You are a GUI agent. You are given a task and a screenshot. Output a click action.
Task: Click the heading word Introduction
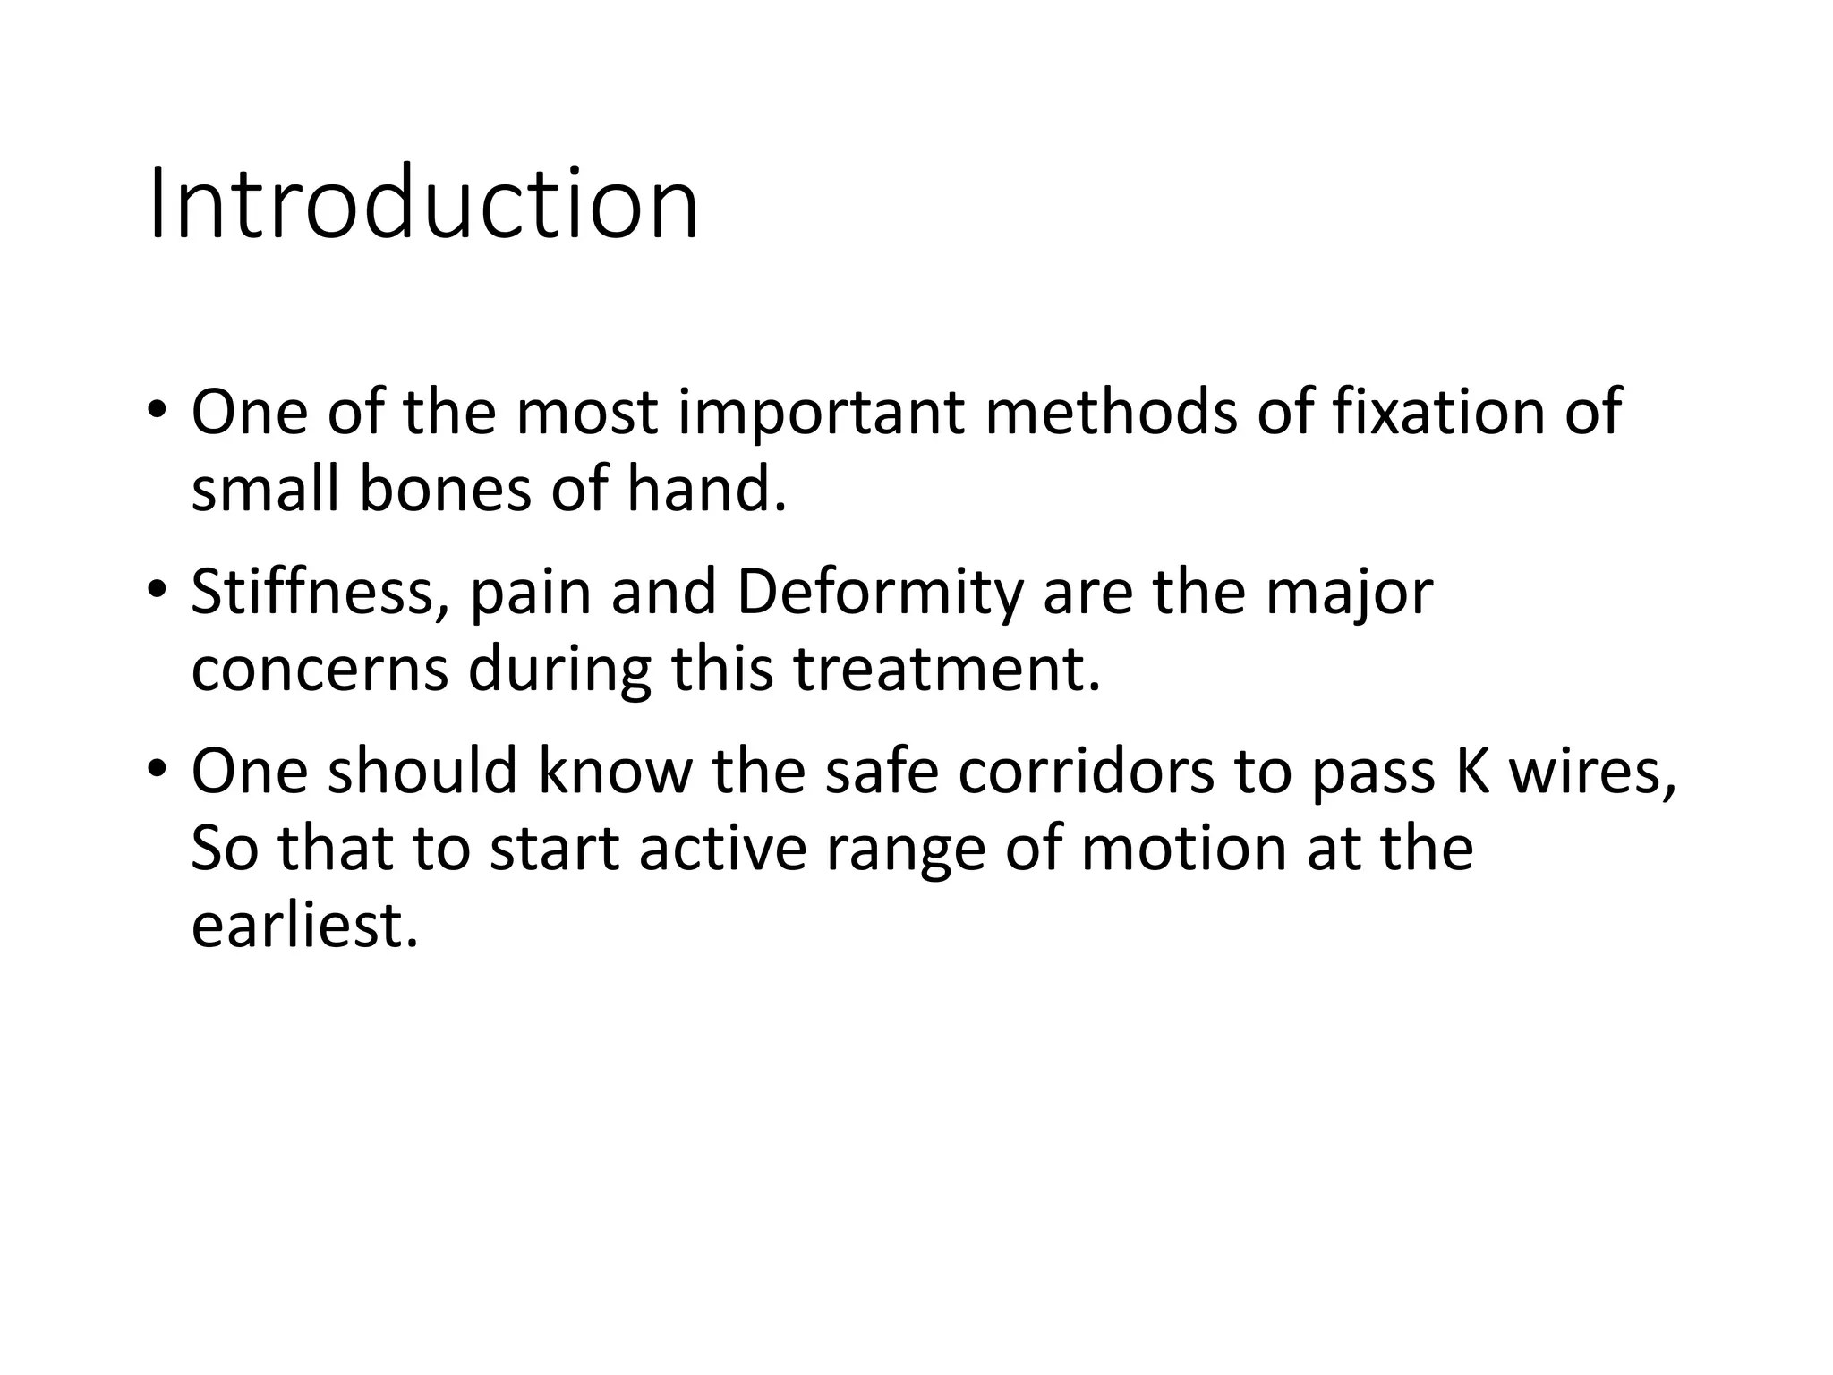pyautogui.click(x=422, y=203)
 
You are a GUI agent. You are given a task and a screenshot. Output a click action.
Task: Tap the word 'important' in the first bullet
pyautogui.click(x=821, y=414)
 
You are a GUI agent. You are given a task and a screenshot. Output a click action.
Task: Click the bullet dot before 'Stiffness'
pyautogui.click(x=158, y=589)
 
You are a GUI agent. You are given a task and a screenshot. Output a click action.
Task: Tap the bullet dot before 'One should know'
pyautogui.click(x=158, y=768)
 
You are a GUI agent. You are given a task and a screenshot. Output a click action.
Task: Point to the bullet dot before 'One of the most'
pyautogui.click(x=158, y=410)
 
